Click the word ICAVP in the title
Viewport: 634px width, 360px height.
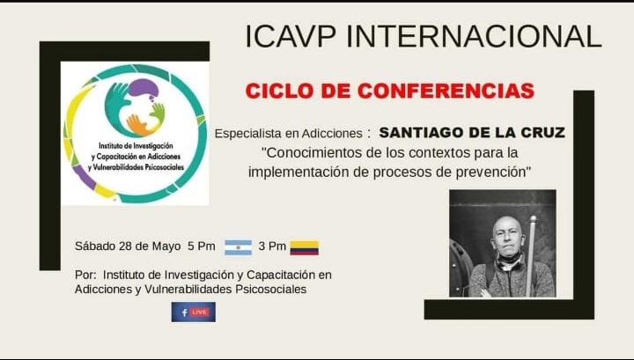pos(291,36)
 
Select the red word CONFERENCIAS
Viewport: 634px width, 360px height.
pos(446,91)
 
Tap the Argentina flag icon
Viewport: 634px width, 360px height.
pos(238,247)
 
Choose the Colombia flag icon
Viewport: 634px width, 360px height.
pos(305,247)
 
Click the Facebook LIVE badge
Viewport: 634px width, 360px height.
pos(193,312)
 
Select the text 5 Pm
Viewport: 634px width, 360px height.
pos(202,246)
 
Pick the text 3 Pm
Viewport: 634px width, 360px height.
pos(272,246)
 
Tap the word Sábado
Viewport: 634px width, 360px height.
pos(95,246)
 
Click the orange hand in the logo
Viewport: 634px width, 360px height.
pos(138,125)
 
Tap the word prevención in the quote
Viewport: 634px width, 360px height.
pos(490,173)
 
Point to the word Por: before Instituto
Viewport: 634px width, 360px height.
pos(85,276)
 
